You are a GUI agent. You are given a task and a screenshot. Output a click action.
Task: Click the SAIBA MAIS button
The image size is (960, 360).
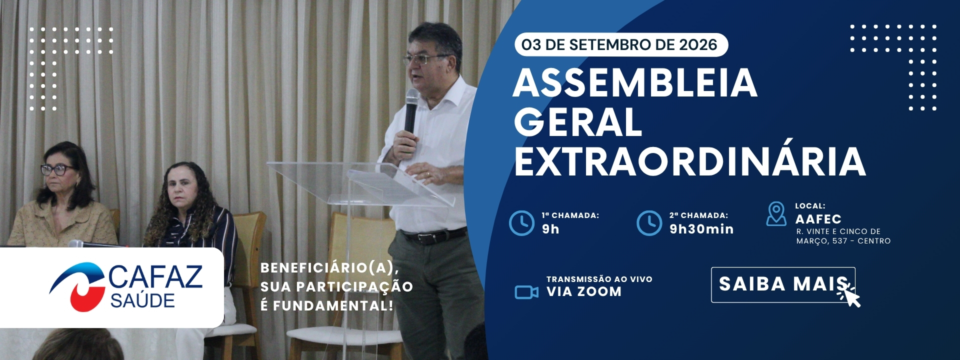[783, 285]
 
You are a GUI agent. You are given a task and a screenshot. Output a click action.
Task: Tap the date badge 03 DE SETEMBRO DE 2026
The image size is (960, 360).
[621, 45]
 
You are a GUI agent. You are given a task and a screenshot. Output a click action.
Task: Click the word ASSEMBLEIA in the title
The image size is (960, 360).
[635, 83]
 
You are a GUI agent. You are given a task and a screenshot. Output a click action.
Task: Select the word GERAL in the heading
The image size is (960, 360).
[578, 122]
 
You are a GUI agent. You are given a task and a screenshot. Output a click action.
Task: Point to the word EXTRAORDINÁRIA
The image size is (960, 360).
[690, 161]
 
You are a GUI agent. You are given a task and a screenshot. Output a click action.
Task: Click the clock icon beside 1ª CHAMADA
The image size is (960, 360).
[521, 222]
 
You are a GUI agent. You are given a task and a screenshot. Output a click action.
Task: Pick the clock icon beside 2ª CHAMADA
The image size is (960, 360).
[649, 222]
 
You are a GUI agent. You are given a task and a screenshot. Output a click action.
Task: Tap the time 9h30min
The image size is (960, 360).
[701, 229]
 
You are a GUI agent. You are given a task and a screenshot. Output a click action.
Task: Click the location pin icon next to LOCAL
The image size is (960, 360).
[776, 214]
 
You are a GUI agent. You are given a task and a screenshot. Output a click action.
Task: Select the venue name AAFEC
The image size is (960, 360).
[818, 219]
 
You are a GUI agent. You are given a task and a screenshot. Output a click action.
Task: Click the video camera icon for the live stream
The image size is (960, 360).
[526, 291]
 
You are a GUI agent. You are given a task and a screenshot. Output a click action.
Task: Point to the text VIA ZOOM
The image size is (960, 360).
[584, 291]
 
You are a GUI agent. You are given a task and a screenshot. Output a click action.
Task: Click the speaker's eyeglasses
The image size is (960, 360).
[424, 59]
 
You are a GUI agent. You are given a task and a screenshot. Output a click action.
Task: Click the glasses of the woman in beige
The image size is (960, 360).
[57, 169]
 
